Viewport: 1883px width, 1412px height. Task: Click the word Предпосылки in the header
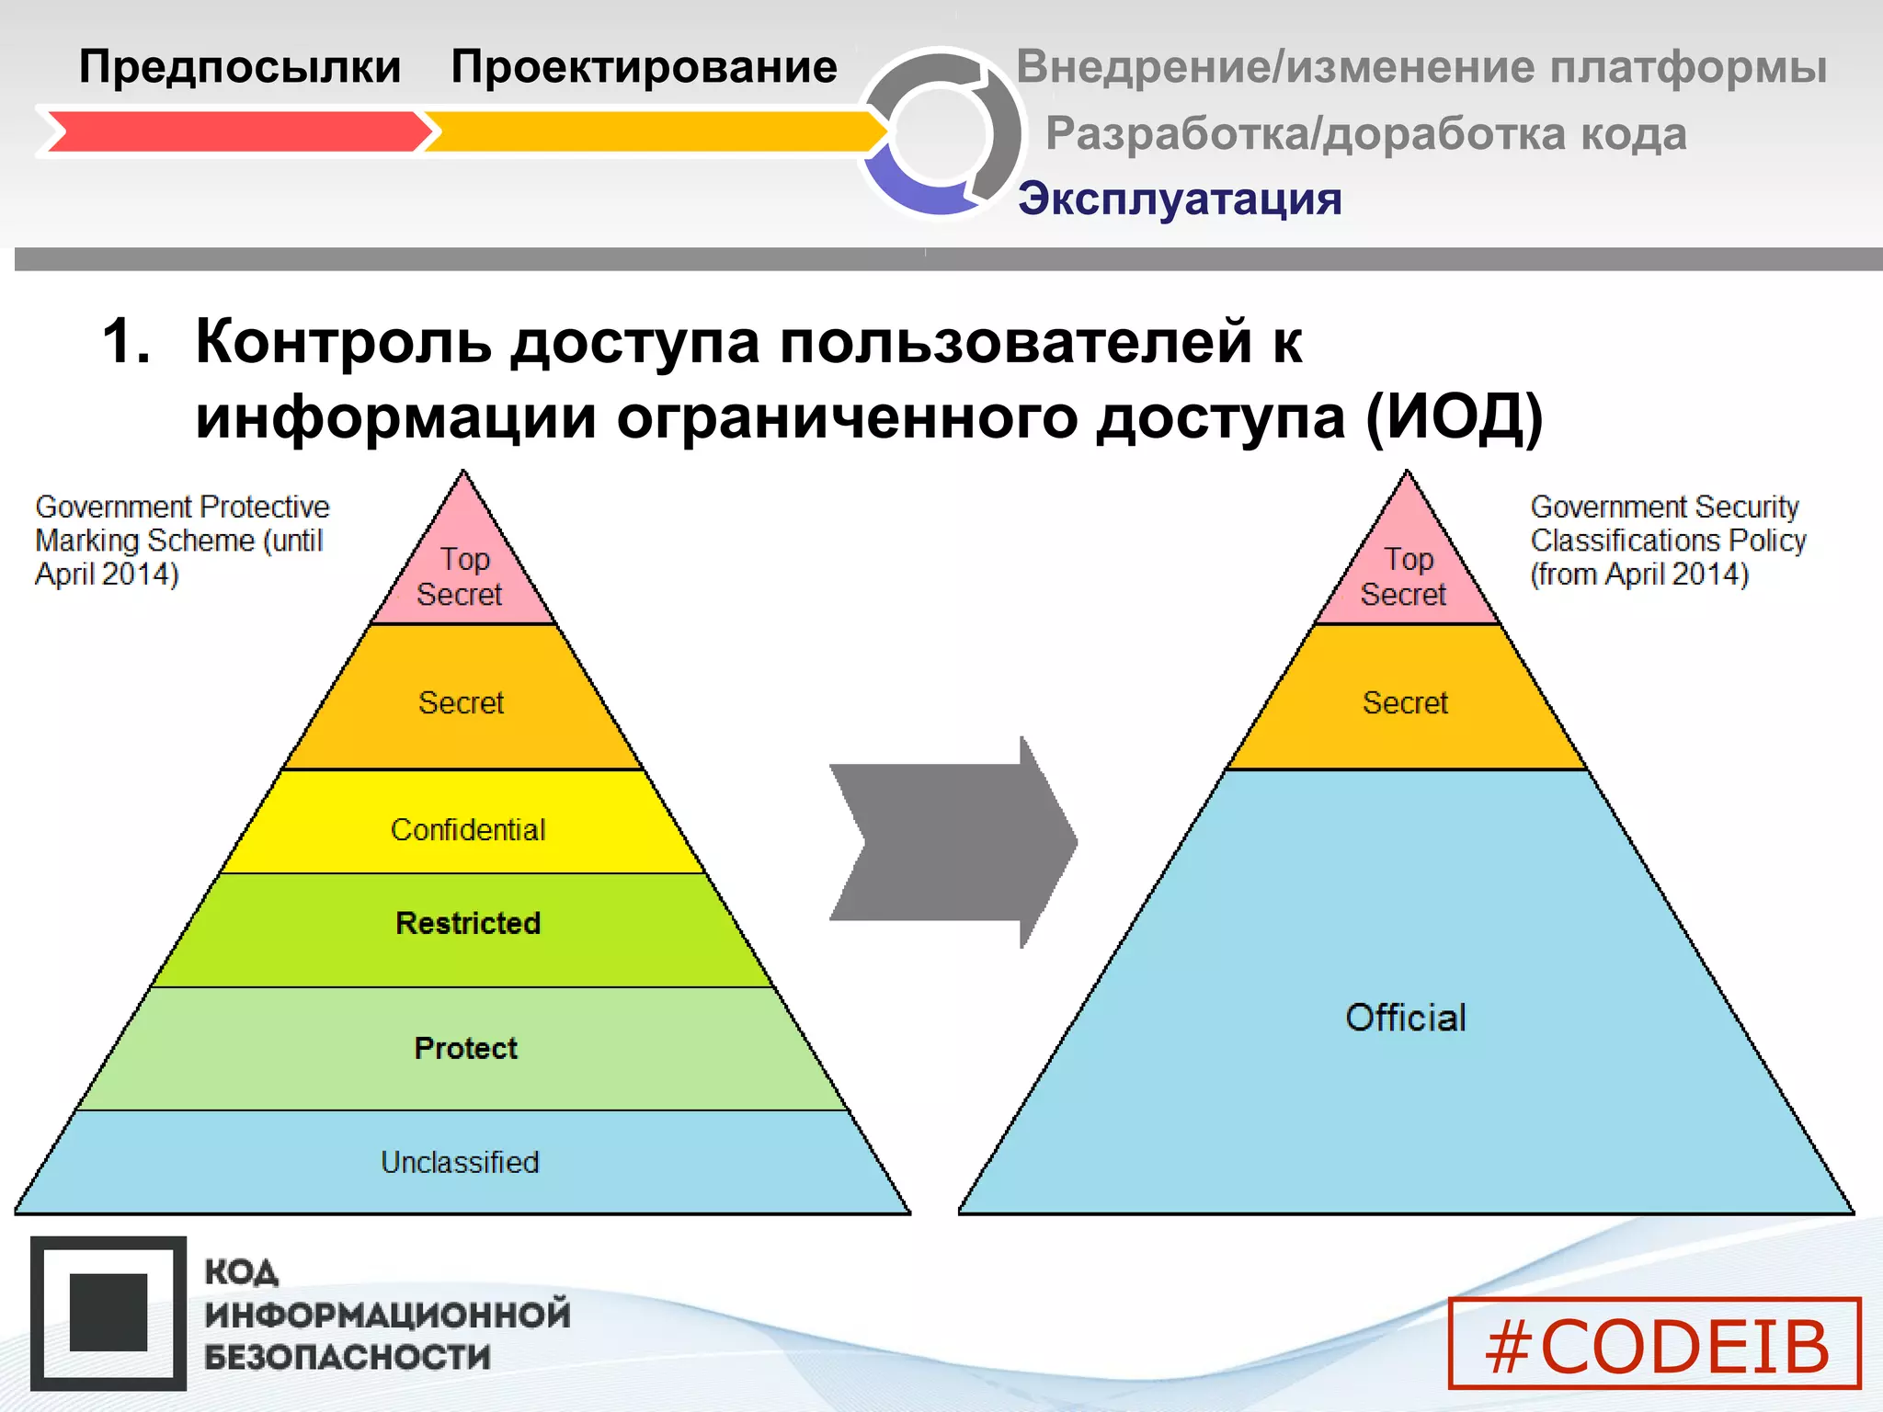[239, 67]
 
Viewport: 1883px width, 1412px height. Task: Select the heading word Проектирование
[644, 67]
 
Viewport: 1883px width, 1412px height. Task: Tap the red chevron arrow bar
[234, 131]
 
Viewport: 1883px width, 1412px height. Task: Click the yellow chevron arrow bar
[653, 131]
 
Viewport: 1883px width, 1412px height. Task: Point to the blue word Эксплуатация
[1179, 199]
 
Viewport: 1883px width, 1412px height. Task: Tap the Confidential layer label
[467, 829]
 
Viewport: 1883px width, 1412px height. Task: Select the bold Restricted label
[467, 923]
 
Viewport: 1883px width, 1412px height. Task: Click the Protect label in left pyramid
[465, 1048]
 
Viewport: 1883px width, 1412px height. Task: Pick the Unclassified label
[460, 1162]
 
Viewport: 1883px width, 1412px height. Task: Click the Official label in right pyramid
[1405, 1018]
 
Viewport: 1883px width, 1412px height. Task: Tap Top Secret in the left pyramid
[462, 576]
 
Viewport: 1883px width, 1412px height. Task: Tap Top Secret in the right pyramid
[1405, 576]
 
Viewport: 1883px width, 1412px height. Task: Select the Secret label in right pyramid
[1404, 702]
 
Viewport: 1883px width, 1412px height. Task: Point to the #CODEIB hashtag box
[1654, 1344]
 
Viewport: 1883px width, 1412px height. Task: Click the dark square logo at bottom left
[108, 1312]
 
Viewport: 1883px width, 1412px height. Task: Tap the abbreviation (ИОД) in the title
[1453, 416]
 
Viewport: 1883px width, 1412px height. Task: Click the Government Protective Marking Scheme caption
[181, 540]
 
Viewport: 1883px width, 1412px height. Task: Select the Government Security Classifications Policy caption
[1666, 540]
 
